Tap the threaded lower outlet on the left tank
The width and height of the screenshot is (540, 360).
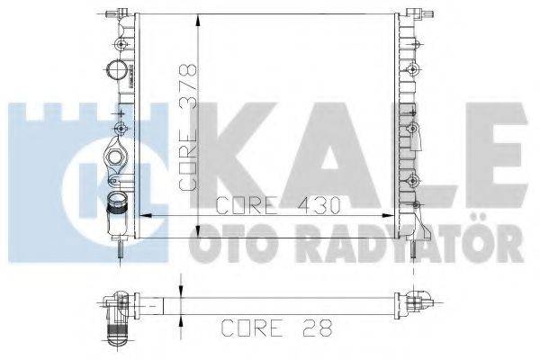pyautogui.click(x=118, y=217)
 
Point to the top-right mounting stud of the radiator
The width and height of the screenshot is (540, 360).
pyautogui.click(x=417, y=13)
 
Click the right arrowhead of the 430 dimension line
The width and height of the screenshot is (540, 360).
pyautogui.click(x=392, y=215)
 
